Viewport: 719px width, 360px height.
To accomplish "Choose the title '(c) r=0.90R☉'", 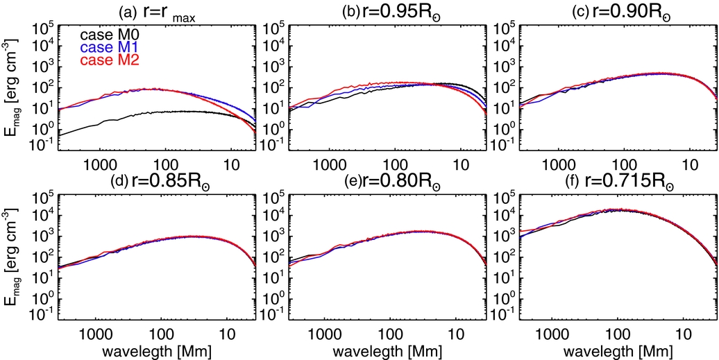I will click(x=602, y=10).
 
